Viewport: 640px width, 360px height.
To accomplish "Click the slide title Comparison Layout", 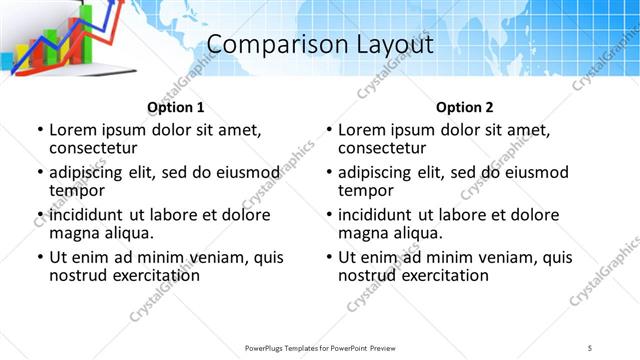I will pyautogui.click(x=320, y=45).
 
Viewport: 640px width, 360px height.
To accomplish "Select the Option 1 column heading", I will pyautogui.click(x=175, y=107).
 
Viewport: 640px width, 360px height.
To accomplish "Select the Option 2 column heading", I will pyautogui.click(x=464, y=107).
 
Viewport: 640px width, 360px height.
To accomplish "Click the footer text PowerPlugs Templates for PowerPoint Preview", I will pyautogui.click(x=319, y=347).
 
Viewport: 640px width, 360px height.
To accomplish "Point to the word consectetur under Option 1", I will pyautogui.click(x=93, y=149).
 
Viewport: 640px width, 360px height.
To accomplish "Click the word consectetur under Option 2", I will pyautogui.click(x=382, y=149).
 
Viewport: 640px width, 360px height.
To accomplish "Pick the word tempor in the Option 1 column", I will pyautogui.click(x=76, y=191).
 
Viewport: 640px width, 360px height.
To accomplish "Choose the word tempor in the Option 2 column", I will pyautogui.click(x=365, y=191).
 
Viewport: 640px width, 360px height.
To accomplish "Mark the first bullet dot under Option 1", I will pyautogui.click(x=39, y=130).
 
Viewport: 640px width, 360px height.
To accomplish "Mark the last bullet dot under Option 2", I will pyautogui.click(x=328, y=257).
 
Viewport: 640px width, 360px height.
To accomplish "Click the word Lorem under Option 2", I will pyautogui.click(x=362, y=130).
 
